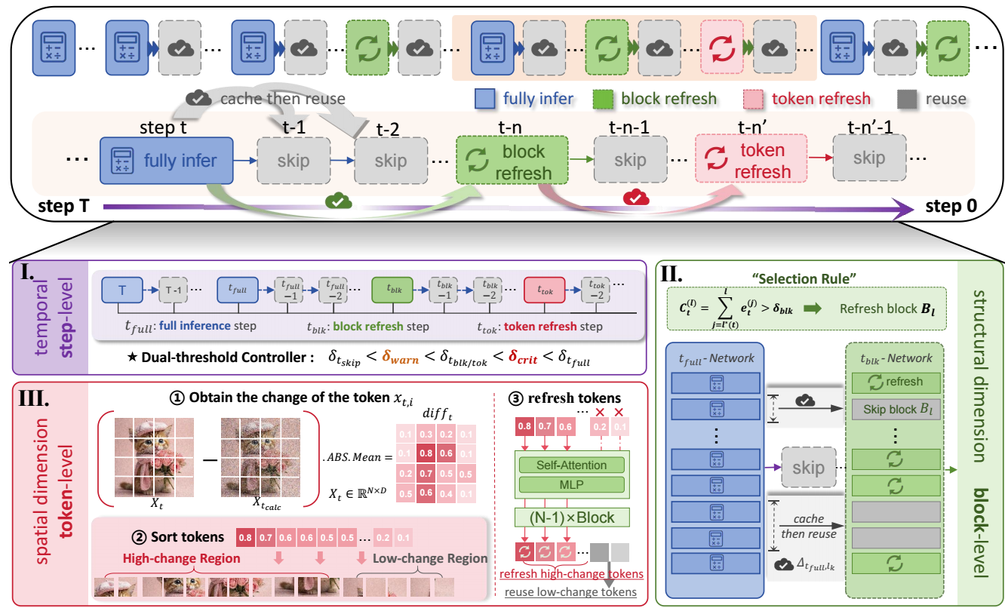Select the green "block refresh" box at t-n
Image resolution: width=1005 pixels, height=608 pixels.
point(510,161)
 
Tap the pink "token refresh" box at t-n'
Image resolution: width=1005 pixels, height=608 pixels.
point(751,160)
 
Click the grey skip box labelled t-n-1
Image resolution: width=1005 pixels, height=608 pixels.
point(629,161)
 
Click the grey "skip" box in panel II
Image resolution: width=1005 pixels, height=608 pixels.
point(807,468)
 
